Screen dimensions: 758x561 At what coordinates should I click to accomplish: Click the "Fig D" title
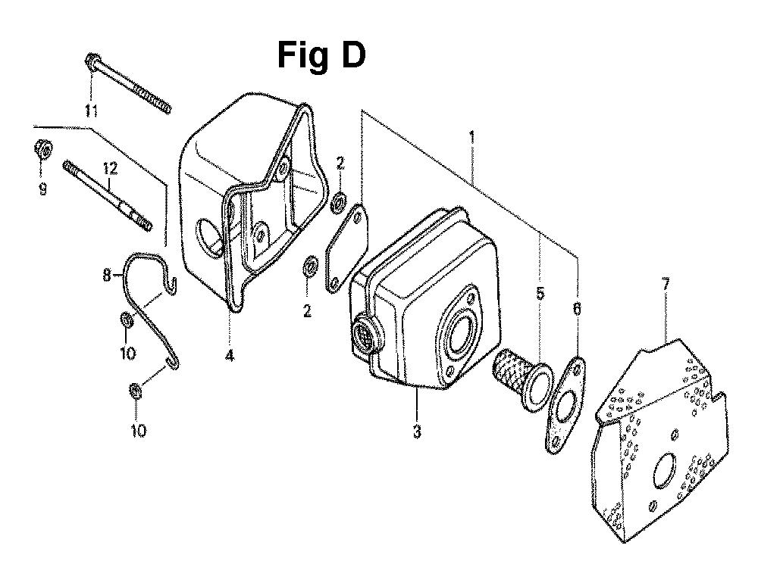tap(321, 55)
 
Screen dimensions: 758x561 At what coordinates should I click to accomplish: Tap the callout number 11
tap(92, 111)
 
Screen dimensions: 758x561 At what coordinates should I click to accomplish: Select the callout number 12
tap(110, 169)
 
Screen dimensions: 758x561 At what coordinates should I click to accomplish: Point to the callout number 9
tap(42, 189)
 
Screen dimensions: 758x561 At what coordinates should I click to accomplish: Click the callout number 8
tap(107, 276)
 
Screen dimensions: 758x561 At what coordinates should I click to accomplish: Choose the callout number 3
tap(417, 431)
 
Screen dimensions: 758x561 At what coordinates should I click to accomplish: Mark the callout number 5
tap(540, 293)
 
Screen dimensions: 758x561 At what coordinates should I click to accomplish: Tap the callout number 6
tap(577, 308)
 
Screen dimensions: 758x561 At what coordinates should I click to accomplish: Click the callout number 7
tap(666, 285)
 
